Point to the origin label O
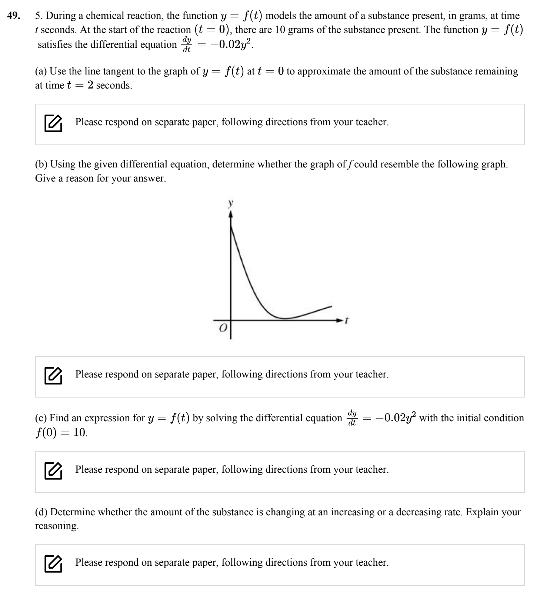click(x=223, y=328)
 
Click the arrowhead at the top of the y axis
click(x=230, y=214)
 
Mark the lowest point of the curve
click(x=284, y=318)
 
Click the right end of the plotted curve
click(x=331, y=306)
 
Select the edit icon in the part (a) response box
click(x=53, y=123)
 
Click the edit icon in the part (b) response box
click(x=53, y=375)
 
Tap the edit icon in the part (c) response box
click(x=53, y=470)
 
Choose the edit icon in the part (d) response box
click(x=53, y=563)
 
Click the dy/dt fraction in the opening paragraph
click(x=187, y=44)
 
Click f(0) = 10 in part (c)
click(x=61, y=432)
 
